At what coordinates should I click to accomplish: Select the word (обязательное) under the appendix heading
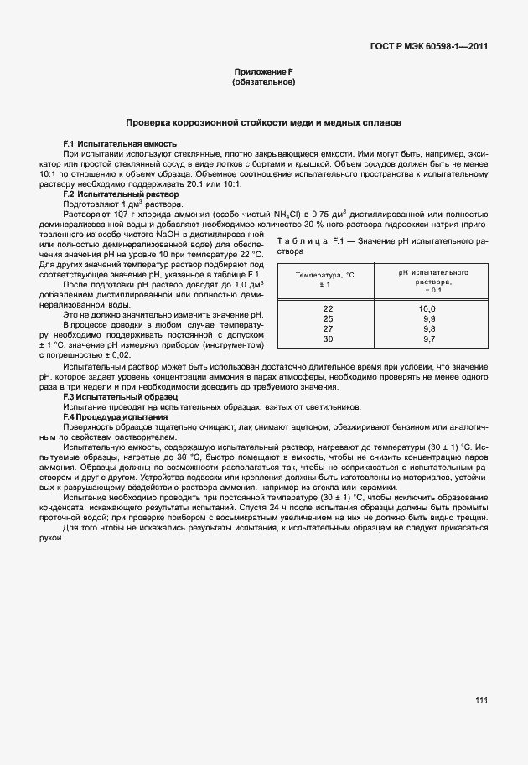pyautogui.click(x=263, y=83)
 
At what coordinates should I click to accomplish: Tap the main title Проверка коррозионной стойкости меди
pyautogui.click(x=263, y=122)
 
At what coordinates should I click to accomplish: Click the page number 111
pyautogui.click(x=480, y=700)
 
